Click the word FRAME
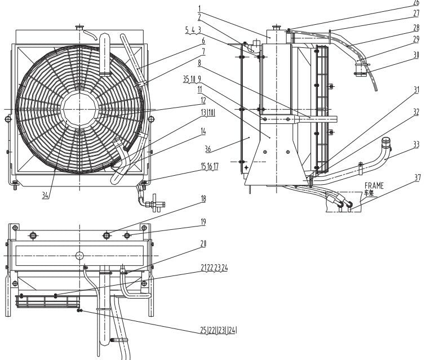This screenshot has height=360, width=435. coord(374,185)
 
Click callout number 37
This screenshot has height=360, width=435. coord(417,179)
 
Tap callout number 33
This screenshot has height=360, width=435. coord(416,145)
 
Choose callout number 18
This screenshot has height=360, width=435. coord(203,199)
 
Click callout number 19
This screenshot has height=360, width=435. coord(203,223)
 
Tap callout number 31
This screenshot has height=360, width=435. coord(416,90)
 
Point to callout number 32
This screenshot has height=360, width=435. coord(416,112)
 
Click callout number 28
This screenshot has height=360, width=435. coord(416,27)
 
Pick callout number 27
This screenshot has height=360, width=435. coord(416,12)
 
